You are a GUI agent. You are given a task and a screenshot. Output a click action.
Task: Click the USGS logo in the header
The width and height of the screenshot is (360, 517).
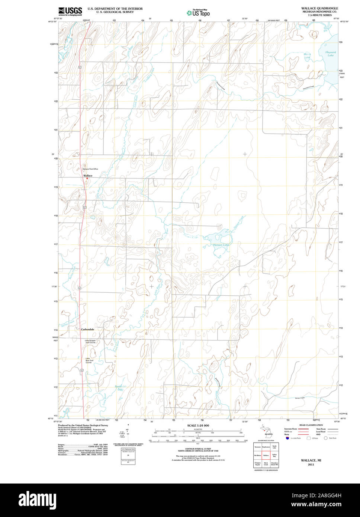(70, 12)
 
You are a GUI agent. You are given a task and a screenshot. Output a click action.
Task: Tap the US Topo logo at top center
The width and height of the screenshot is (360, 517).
(198, 13)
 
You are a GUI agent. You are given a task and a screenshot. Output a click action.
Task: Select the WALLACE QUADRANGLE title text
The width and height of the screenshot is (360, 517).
(319, 8)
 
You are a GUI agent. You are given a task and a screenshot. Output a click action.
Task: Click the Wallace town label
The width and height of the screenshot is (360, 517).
(88, 176)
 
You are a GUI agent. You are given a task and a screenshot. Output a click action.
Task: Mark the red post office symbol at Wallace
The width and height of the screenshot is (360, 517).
(87, 179)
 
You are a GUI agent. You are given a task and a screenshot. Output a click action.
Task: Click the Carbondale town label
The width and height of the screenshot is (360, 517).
(87, 330)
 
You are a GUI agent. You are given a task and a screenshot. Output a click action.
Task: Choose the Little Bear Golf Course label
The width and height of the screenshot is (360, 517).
(89, 360)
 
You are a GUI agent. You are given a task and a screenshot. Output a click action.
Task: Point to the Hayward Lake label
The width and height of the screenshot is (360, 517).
(331, 54)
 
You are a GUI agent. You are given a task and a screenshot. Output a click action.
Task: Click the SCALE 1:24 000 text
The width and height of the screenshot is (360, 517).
(198, 426)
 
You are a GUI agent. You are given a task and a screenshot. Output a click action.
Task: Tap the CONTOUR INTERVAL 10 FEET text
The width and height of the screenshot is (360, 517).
(198, 449)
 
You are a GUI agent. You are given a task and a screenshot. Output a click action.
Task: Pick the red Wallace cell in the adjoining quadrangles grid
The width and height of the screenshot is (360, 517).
(266, 455)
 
